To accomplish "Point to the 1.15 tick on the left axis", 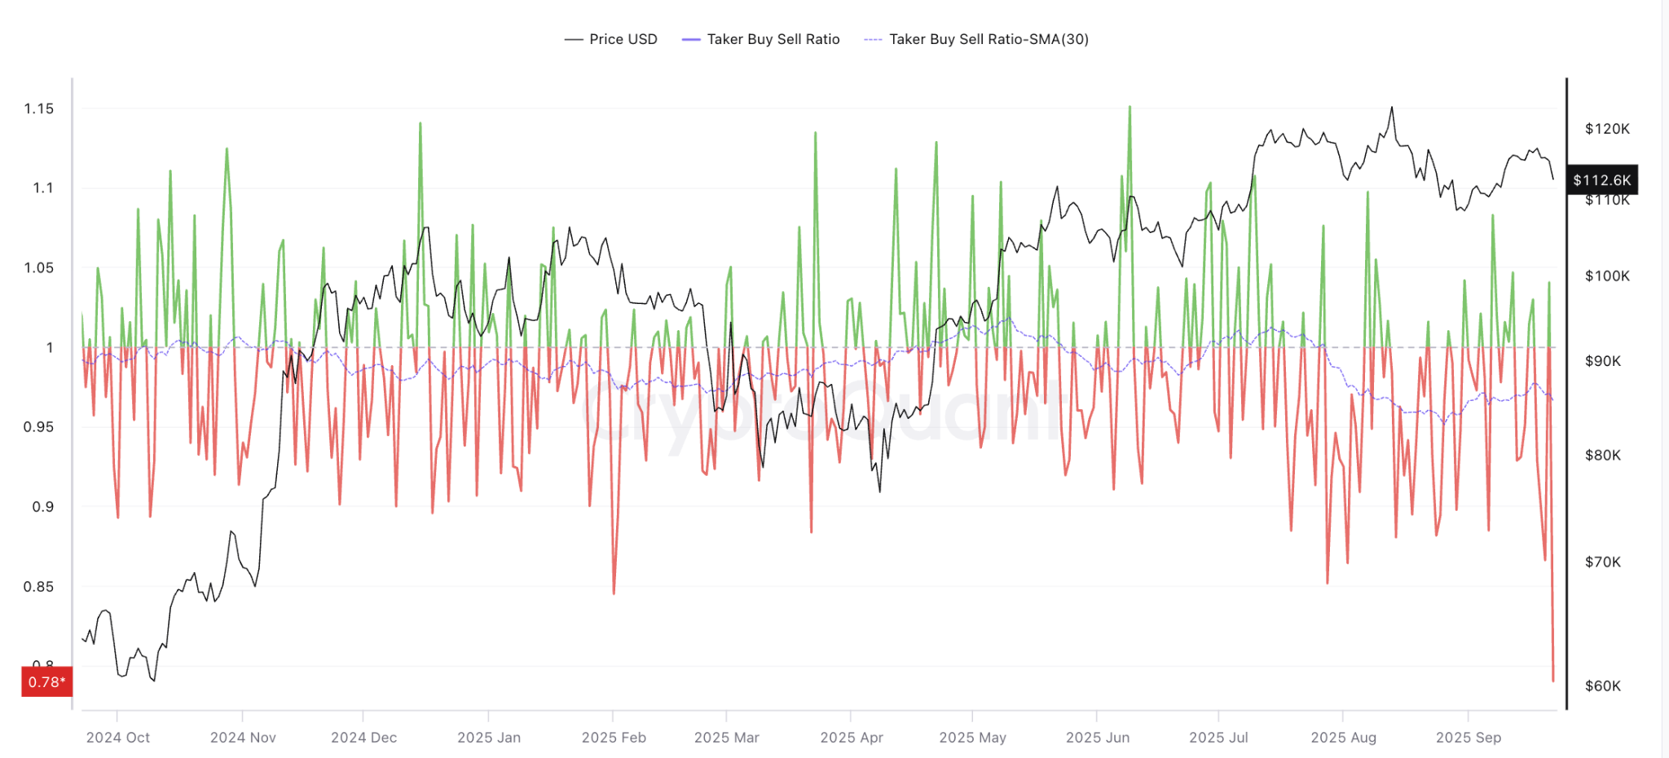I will coord(39,108).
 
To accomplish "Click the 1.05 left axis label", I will coord(39,267).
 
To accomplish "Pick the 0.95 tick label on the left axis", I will coord(39,426).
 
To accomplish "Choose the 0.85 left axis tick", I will coord(39,586).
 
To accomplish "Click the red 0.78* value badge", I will coord(46,682).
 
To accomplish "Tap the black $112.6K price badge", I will coord(1601,180).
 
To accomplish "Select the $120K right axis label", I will coord(1607,129).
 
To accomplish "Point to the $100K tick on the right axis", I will coord(1607,275).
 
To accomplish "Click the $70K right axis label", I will coord(1603,562).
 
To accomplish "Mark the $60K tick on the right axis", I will coord(1603,685).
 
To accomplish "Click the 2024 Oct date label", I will coord(118,738).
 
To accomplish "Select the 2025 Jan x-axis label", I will coord(489,738).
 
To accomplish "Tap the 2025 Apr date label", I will coord(852,738).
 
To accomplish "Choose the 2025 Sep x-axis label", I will coord(1469,738).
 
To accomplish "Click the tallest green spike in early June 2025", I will coord(1130,107).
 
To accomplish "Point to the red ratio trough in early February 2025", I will coord(614,593).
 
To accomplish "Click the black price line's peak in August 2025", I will coord(1391,108).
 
